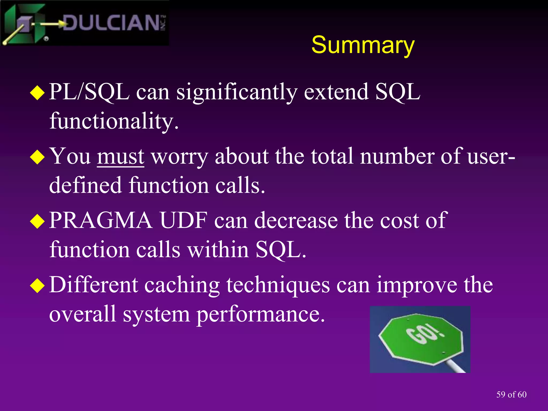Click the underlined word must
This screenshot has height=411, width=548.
click(120, 157)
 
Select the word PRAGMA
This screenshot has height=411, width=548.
click(101, 220)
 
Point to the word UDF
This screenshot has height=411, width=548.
click(184, 220)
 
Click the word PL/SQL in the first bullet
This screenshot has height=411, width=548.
click(89, 92)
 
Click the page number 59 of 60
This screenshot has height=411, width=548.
click(511, 395)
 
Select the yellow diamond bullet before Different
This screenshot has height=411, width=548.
click(37, 286)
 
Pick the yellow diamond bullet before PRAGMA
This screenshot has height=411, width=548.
click(37, 221)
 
